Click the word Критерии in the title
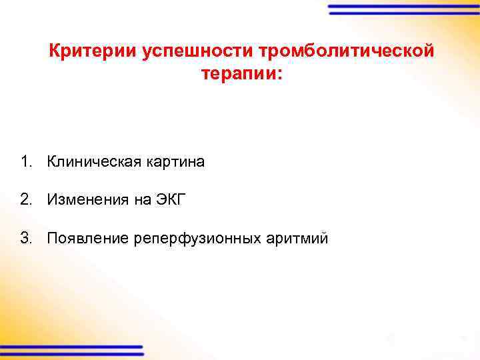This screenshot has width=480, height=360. (92, 51)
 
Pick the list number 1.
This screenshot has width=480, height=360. (25, 162)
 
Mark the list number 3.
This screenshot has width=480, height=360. (25, 238)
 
